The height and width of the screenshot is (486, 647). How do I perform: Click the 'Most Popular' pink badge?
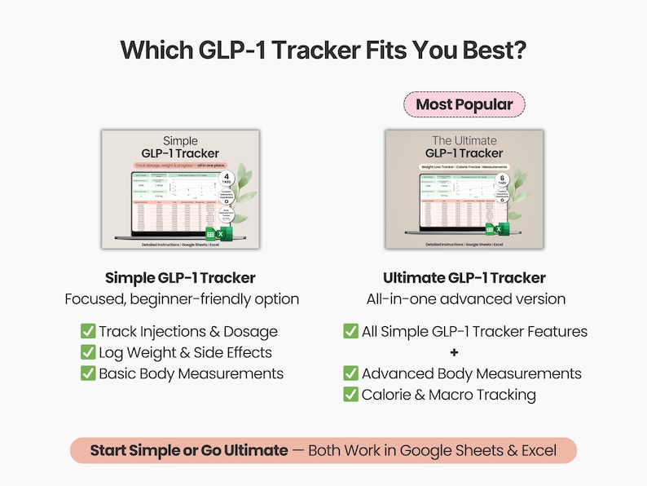point(464,104)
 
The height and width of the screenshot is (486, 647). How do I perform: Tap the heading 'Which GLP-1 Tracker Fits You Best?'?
point(323,50)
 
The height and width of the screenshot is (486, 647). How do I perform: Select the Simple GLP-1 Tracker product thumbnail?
point(181,189)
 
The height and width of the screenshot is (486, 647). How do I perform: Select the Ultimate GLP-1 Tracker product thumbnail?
point(464,189)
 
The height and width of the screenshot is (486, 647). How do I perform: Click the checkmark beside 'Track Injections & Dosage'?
point(88,331)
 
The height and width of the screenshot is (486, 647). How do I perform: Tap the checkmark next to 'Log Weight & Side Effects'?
point(88,352)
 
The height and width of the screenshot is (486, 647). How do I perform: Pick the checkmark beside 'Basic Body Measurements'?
point(88,373)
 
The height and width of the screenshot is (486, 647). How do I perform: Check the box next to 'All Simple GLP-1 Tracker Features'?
point(351,331)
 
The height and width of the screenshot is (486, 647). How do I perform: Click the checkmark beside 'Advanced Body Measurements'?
point(351,373)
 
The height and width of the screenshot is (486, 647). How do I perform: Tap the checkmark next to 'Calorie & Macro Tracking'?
point(351,395)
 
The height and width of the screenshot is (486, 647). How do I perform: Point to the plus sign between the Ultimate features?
point(454,352)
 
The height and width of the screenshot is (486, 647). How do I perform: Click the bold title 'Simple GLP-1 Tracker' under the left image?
point(180,278)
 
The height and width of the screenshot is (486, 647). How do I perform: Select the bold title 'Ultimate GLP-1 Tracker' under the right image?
point(464,278)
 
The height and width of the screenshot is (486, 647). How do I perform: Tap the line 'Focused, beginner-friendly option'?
point(182,299)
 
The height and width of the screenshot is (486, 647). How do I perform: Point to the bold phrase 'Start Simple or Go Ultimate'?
point(189,450)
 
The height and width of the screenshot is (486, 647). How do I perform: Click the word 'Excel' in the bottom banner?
point(537,450)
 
